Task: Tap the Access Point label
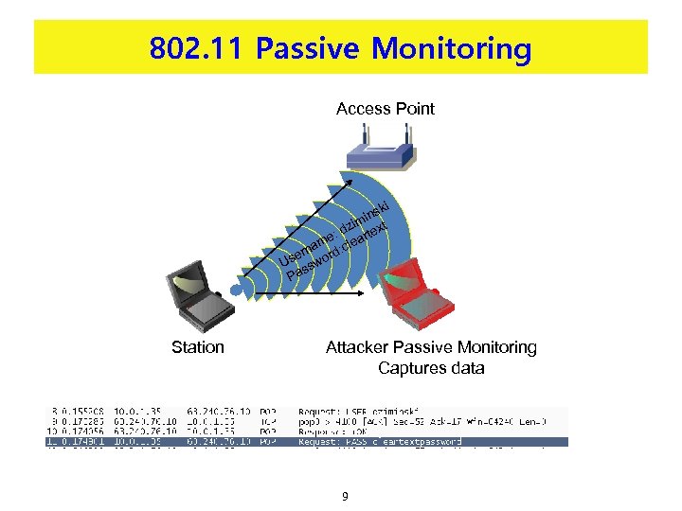(x=385, y=109)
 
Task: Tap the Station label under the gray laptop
(x=197, y=347)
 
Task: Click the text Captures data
(x=430, y=368)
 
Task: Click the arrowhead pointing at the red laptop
(x=362, y=294)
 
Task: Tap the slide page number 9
(x=346, y=495)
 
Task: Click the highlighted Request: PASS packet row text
(x=379, y=441)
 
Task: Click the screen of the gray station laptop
(x=190, y=277)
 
